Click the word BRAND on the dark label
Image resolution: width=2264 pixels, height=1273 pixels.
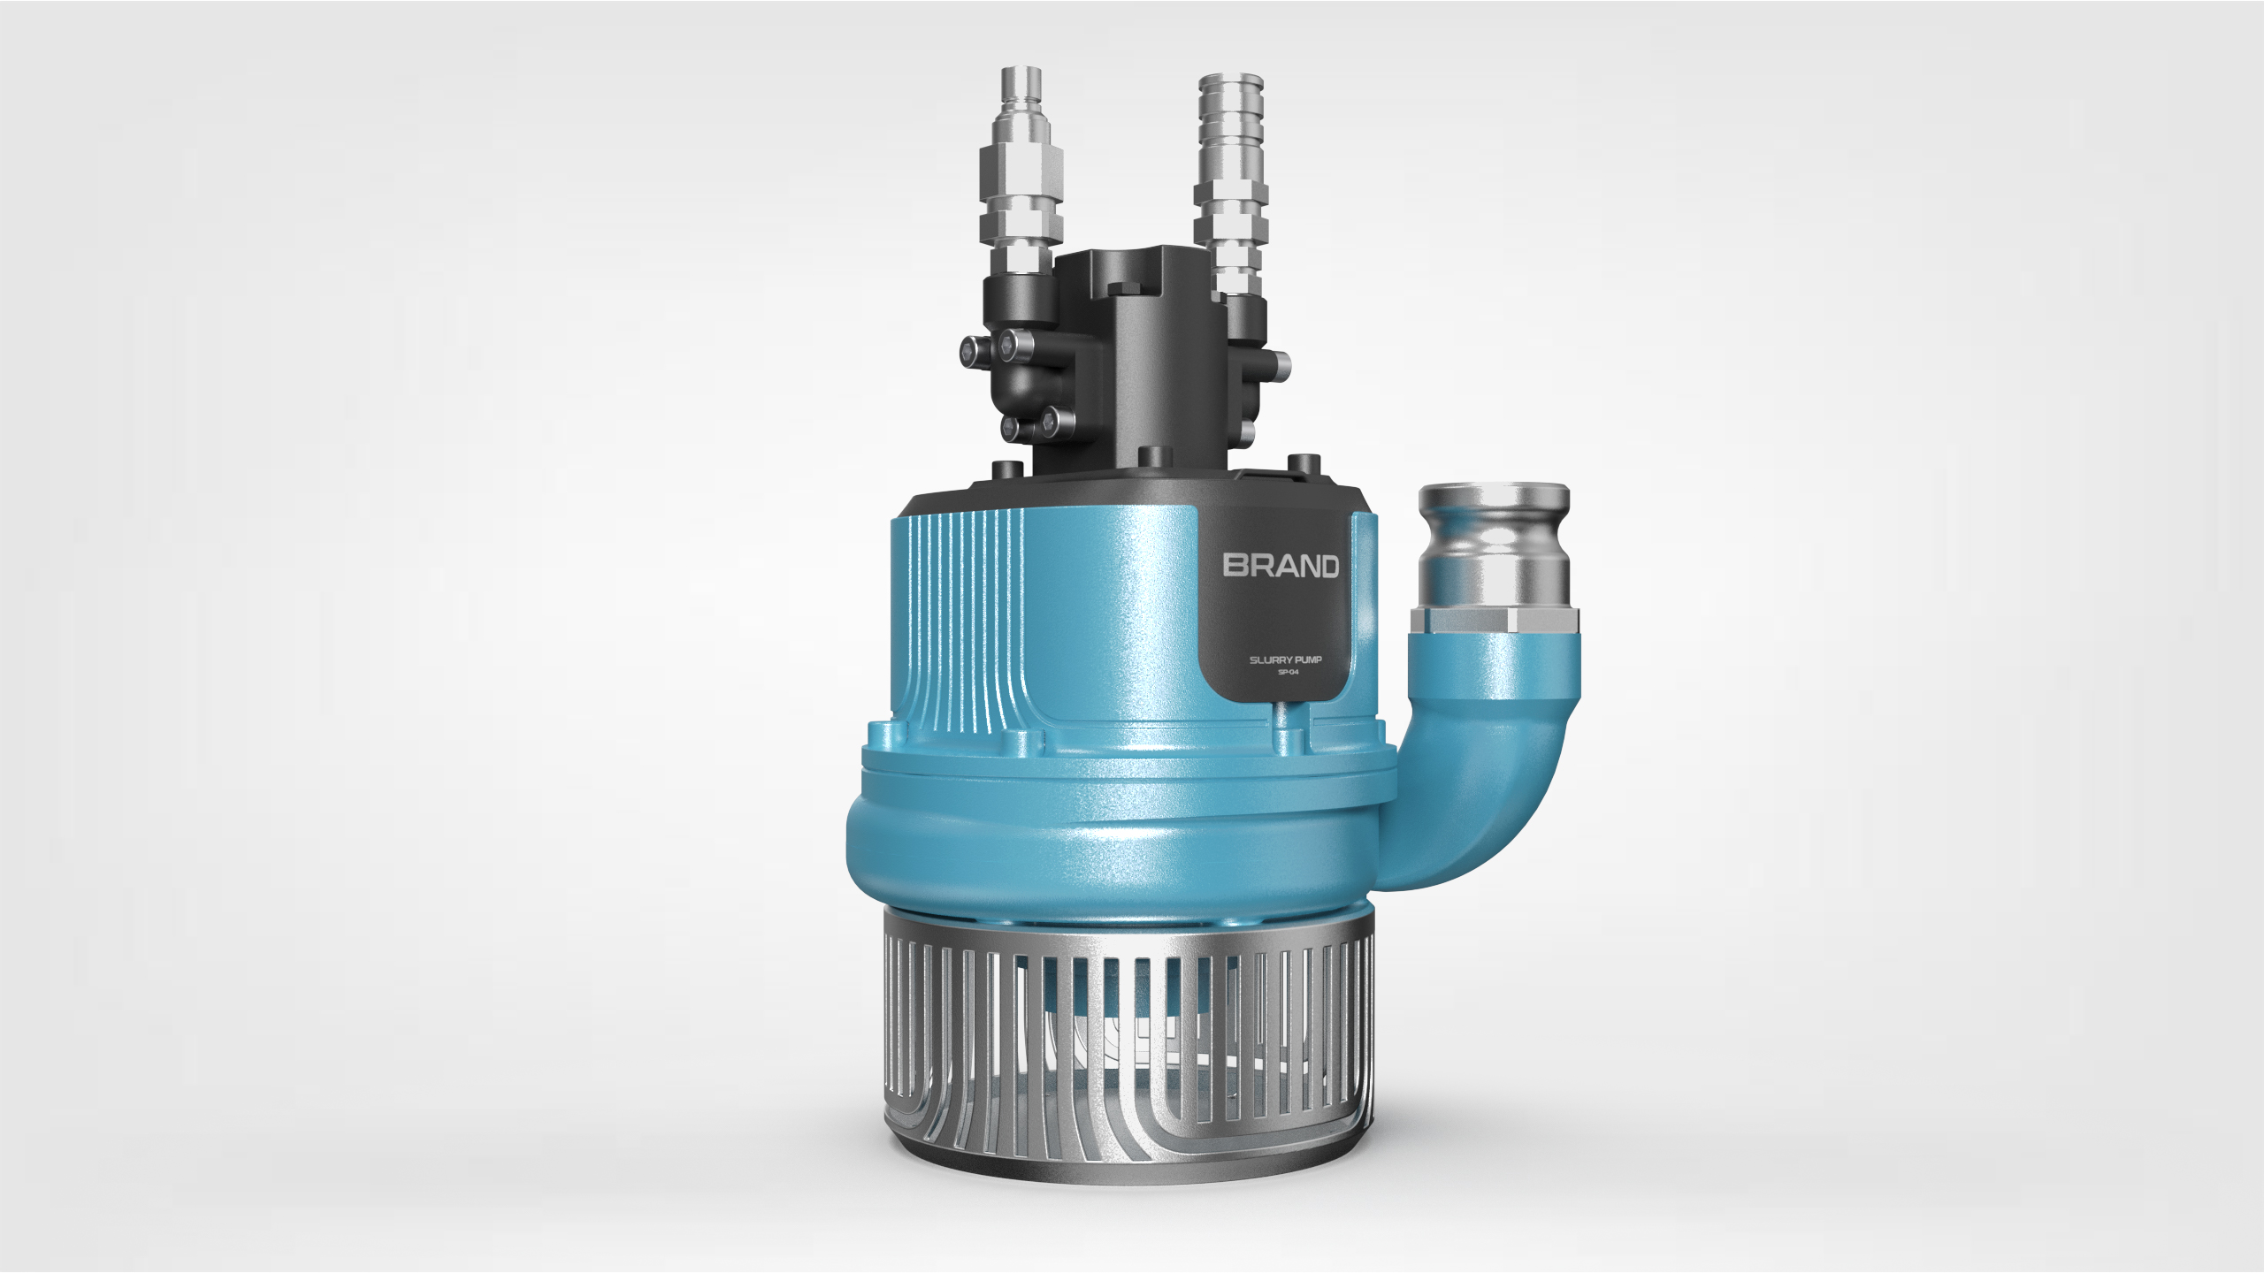(1281, 567)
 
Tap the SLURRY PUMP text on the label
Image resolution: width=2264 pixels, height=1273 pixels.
(1285, 660)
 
